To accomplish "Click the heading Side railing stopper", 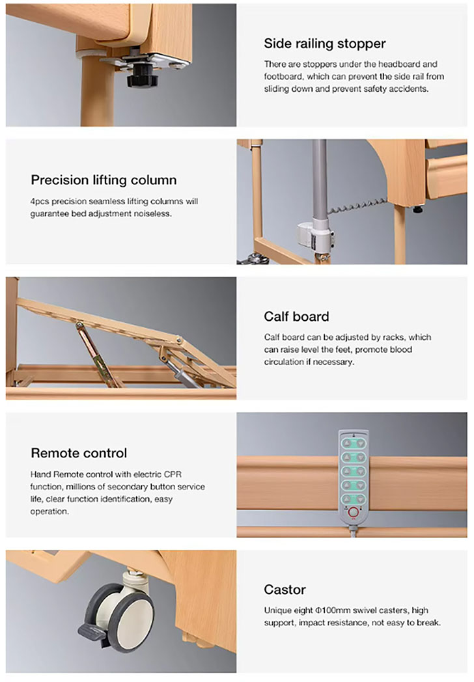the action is tap(325, 44).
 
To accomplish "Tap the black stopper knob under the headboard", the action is tap(138, 75).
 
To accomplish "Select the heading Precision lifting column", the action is tap(104, 180).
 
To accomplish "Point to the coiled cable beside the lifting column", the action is tap(357, 206).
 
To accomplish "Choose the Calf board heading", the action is tap(296, 317).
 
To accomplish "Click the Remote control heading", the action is tap(79, 453).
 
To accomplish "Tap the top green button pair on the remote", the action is tap(354, 443).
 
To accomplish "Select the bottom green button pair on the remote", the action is tap(354, 498).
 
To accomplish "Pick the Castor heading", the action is tap(285, 590).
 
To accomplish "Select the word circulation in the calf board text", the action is tap(283, 362).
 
